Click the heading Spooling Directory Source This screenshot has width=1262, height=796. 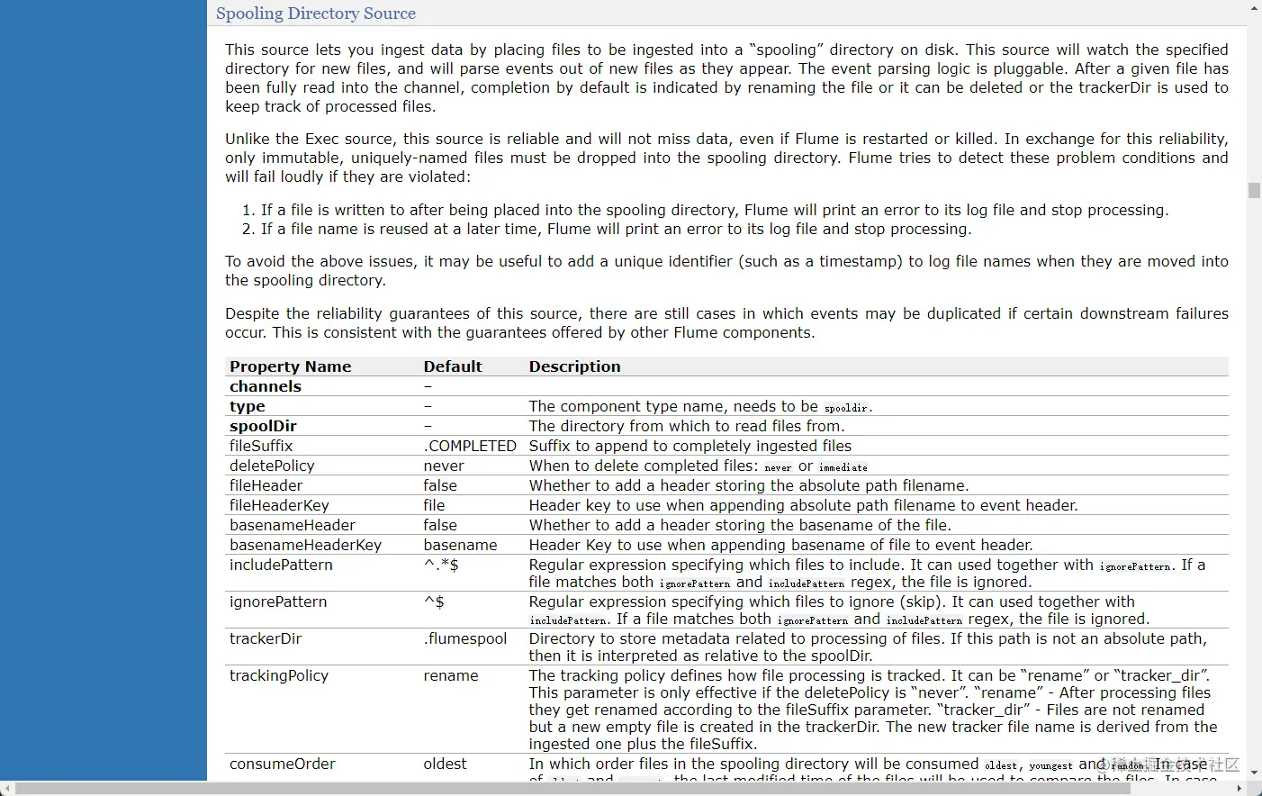point(315,14)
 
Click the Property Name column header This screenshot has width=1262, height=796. point(290,366)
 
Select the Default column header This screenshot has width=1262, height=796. point(453,366)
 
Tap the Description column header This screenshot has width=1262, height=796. point(574,366)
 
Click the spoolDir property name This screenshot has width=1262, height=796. point(263,426)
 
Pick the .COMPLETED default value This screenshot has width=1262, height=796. point(470,446)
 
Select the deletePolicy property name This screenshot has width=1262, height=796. point(272,466)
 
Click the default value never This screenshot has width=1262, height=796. point(444,466)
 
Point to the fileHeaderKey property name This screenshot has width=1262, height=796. point(279,505)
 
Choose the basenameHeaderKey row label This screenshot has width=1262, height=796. point(305,545)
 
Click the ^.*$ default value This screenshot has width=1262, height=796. point(441,565)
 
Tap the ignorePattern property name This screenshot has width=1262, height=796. point(278,602)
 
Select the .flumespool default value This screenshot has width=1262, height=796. point(465,638)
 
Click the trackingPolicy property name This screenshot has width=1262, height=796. point(279,675)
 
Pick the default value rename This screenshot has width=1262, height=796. point(451,675)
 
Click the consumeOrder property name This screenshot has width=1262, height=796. point(282,764)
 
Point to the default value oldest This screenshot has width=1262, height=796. point(445,764)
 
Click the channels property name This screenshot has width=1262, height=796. point(266,386)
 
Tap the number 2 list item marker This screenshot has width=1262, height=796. point(248,229)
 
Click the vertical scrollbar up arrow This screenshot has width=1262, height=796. point(1254,7)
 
